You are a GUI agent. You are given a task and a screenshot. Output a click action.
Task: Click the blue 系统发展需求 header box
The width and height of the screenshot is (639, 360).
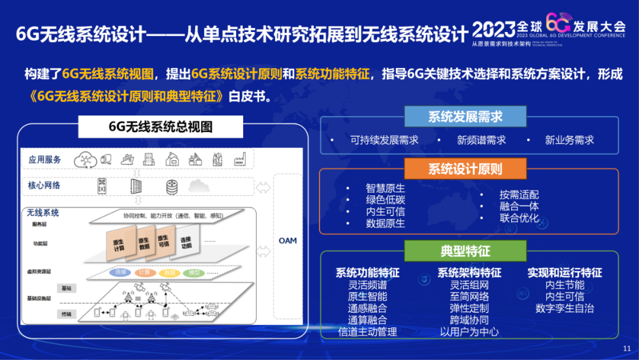point(465,116)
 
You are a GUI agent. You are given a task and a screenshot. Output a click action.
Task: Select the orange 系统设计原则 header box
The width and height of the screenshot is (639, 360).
point(465,169)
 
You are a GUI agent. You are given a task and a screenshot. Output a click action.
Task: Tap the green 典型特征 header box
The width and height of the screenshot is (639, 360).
point(465,251)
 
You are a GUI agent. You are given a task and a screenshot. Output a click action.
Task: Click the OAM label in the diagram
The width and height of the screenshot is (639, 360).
point(288,240)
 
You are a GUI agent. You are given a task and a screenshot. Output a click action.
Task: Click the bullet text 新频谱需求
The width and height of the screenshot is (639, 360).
point(481,140)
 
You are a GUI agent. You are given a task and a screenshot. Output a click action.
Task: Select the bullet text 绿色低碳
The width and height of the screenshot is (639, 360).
point(385,200)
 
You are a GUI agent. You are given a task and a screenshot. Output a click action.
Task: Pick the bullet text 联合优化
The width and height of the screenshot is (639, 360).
point(519,218)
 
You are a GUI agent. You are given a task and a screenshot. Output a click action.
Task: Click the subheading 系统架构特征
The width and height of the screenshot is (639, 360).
point(469,273)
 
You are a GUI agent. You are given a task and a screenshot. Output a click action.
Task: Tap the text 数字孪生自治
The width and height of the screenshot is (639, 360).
point(564,308)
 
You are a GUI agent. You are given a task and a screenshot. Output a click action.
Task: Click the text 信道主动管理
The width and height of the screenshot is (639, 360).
point(367,332)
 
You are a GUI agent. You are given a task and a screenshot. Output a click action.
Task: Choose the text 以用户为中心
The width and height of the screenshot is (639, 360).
point(469,332)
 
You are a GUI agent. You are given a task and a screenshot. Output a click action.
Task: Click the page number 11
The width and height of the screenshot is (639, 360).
point(627,348)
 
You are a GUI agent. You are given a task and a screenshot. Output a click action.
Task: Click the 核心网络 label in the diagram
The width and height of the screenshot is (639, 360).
point(44,185)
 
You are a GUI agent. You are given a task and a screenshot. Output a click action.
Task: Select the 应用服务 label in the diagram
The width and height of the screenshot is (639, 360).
point(45,160)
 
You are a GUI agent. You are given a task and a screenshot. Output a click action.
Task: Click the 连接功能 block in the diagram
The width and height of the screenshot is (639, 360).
point(186,242)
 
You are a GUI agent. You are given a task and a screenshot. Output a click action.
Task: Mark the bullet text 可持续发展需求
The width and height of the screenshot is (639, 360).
point(384,140)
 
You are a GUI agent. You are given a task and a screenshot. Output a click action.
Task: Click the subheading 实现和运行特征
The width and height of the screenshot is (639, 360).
point(564,273)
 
